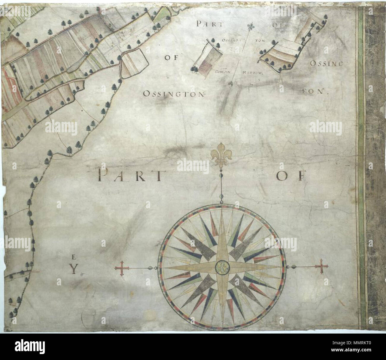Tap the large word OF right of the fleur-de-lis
tap(290, 176)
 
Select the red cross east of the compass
tap(322, 266)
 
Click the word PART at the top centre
tap(209, 24)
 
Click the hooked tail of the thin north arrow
tap(231, 85)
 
